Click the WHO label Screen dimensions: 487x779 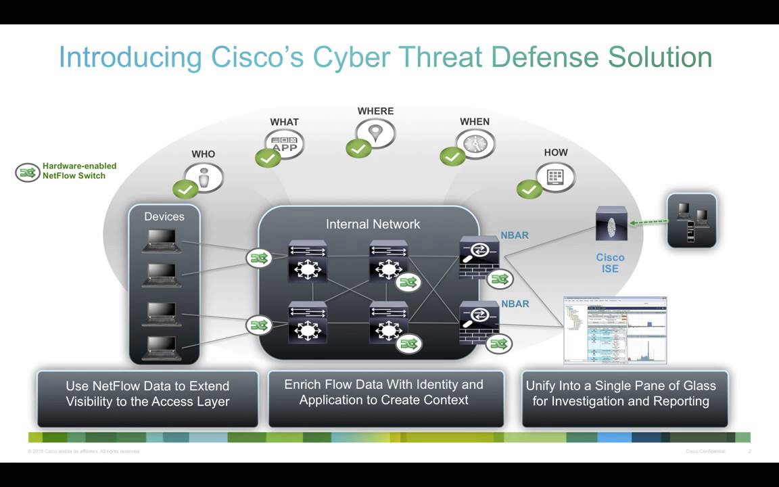tap(203, 154)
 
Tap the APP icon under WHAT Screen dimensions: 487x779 tap(285, 144)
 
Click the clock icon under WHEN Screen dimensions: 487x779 tap(475, 143)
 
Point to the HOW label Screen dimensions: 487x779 tap(556, 153)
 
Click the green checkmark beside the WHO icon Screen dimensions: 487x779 tap(185, 189)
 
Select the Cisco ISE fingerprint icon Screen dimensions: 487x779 tap(611, 224)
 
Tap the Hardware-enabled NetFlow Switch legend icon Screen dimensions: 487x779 tap(28, 172)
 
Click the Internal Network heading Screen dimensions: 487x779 tap(373, 224)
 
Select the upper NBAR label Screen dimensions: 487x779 tap(515, 235)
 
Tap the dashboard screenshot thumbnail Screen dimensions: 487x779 tap(615, 330)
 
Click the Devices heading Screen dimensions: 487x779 tap(164, 216)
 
